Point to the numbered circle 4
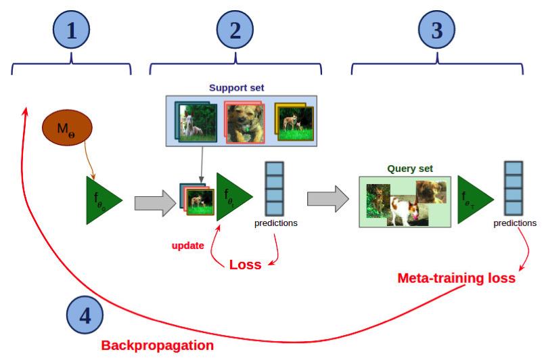85,315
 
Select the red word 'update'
187,246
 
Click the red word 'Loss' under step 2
244,265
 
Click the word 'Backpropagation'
157,345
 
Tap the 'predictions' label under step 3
515,223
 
